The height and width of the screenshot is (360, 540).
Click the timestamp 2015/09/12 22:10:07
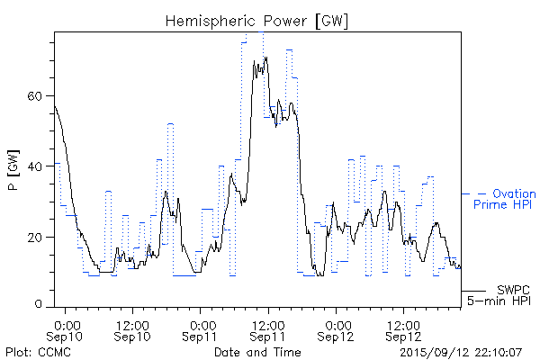pyautogui.click(x=460, y=352)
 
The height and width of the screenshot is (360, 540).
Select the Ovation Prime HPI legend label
pyautogui.click(x=504, y=200)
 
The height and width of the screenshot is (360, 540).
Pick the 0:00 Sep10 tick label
pyautogui.click(x=68, y=328)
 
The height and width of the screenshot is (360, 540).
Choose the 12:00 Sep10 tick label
pyautogui.click(x=133, y=328)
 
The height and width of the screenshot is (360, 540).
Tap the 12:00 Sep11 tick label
pyautogui.click(x=268, y=328)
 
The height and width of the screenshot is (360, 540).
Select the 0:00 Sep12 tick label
pyautogui.click(x=338, y=328)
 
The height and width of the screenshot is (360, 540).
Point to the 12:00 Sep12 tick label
pyautogui.click(x=403, y=328)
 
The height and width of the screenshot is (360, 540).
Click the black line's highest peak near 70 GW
pyautogui.click(x=266, y=58)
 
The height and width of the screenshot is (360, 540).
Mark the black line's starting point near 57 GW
pyautogui.click(x=55, y=105)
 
